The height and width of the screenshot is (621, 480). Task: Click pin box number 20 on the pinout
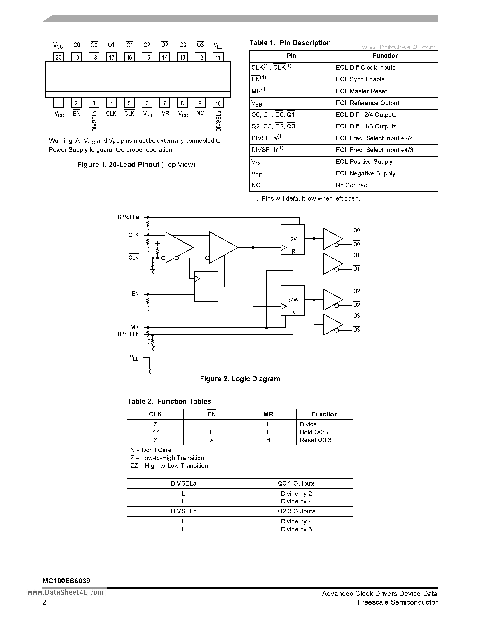click(x=59, y=57)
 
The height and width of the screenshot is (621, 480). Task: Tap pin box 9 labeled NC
click(x=200, y=103)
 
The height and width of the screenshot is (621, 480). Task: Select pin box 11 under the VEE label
click(x=218, y=57)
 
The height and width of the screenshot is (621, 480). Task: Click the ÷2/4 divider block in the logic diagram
click(x=292, y=239)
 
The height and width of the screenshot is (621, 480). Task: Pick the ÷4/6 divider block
click(x=292, y=300)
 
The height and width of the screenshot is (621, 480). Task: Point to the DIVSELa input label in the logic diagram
click(x=128, y=217)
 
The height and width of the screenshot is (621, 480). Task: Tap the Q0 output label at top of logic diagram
click(x=356, y=230)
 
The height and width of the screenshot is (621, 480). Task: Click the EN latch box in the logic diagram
click(x=206, y=286)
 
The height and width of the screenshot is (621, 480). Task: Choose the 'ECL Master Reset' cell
click(x=361, y=91)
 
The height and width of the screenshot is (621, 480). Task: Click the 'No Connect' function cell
click(x=352, y=185)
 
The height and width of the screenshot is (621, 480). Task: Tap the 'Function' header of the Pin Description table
click(x=385, y=56)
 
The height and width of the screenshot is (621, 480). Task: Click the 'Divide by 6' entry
click(x=296, y=529)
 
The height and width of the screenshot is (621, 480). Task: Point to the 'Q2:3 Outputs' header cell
click(x=296, y=511)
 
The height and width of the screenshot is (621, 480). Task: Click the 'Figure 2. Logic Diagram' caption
click(x=240, y=379)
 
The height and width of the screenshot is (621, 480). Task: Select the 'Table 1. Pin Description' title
click(x=290, y=43)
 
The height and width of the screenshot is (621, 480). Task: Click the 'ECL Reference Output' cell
click(x=367, y=103)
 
